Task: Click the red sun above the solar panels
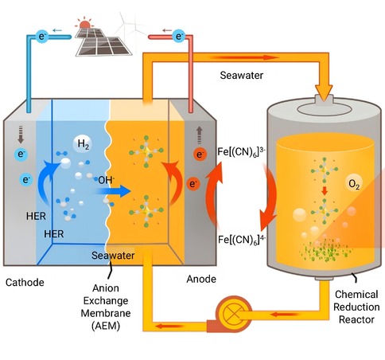coord(85,24)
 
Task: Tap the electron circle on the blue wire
coord(42,36)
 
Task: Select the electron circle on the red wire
coord(179,36)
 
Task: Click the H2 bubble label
coord(83,144)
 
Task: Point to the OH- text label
coord(106,180)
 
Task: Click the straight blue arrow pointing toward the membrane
coord(113,191)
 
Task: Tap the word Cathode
coord(25,282)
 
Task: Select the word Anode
coord(201,279)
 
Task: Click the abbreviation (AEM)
coord(106,326)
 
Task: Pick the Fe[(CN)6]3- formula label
coord(242,152)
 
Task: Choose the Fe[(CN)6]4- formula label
coord(242,240)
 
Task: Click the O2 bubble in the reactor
coord(354,184)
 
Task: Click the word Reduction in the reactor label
coord(356,307)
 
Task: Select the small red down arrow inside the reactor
coord(325,191)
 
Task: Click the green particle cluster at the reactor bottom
coord(325,250)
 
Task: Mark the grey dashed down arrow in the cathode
coord(21,135)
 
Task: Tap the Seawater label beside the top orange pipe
coord(242,76)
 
